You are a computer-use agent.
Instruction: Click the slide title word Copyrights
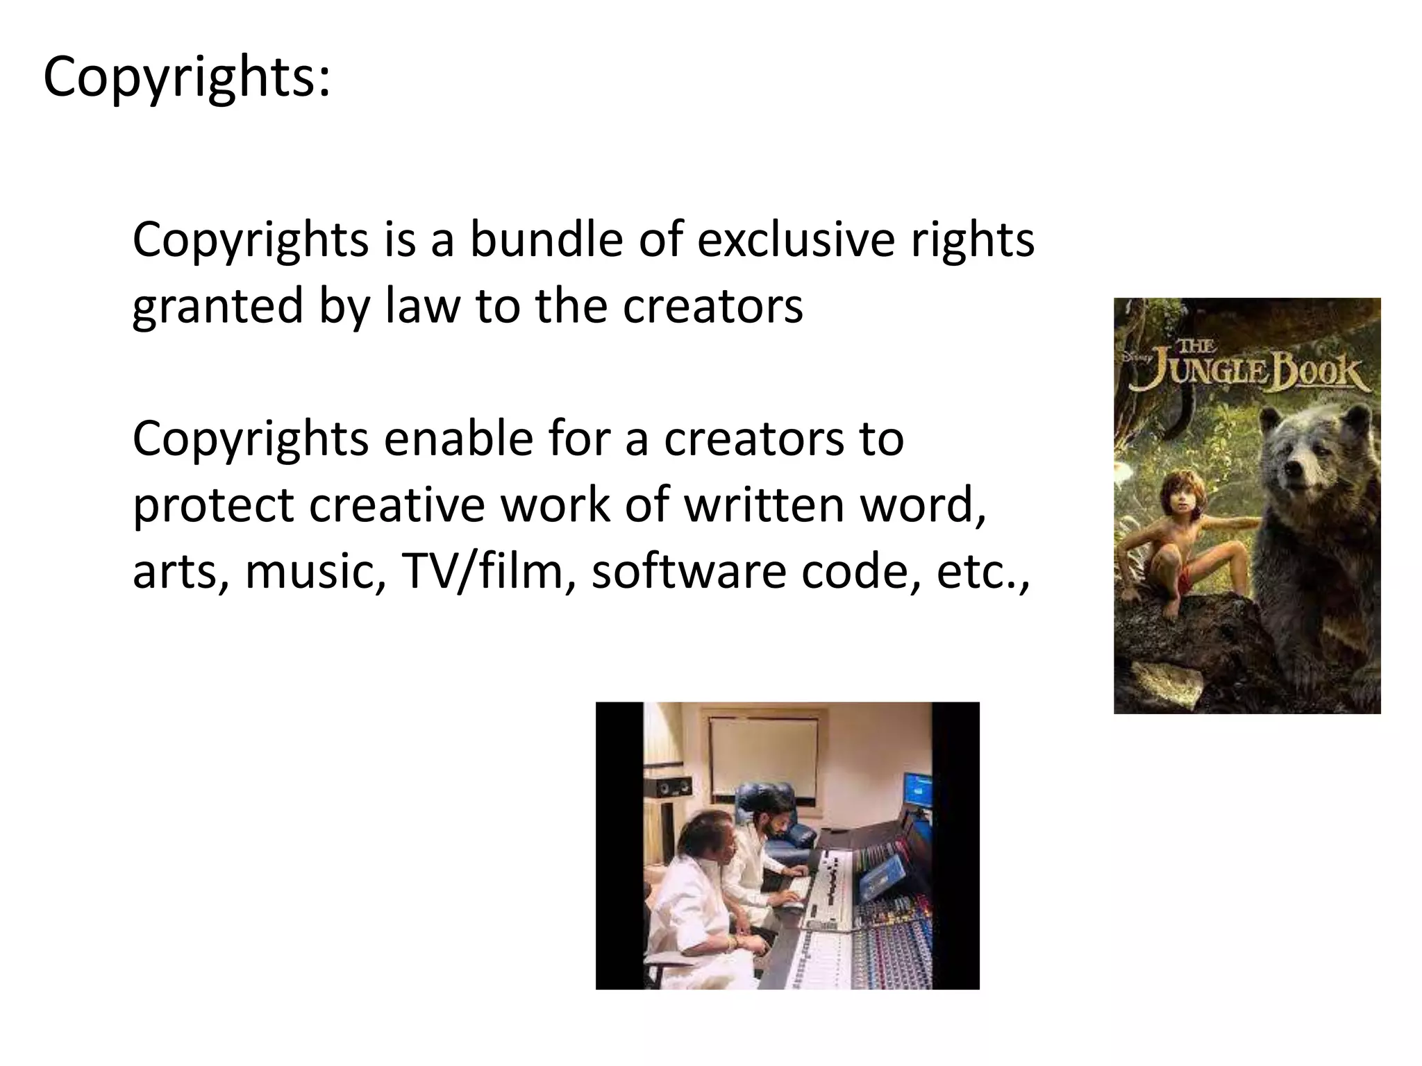click(186, 78)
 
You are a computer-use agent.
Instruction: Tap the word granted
click(218, 306)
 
